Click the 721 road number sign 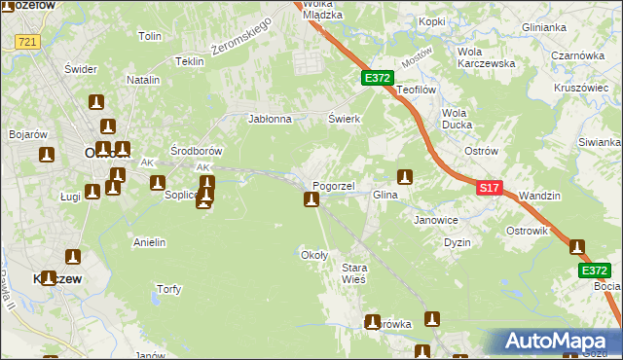point(27,41)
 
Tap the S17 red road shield point(490,187)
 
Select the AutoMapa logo point(554,342)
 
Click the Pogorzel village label point(333,185)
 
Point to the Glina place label point(387,195)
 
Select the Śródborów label point(197,151)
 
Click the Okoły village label point(314,255)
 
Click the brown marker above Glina point(405,177)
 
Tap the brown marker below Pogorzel point(311,200)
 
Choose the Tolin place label point(149,36)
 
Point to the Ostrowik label point(528,231)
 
